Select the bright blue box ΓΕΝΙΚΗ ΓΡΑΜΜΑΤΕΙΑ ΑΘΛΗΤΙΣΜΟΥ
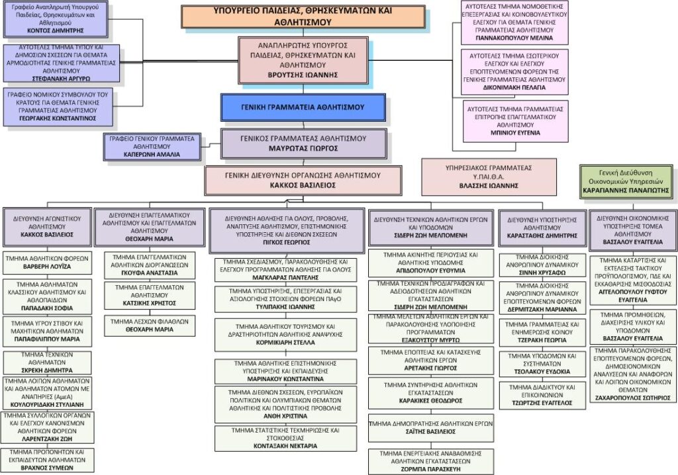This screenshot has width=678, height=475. (303, 107)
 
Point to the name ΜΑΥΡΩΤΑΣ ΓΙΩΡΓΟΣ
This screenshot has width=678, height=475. (303, 149)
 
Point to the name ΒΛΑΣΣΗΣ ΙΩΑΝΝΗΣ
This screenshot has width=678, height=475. (489, 186)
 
